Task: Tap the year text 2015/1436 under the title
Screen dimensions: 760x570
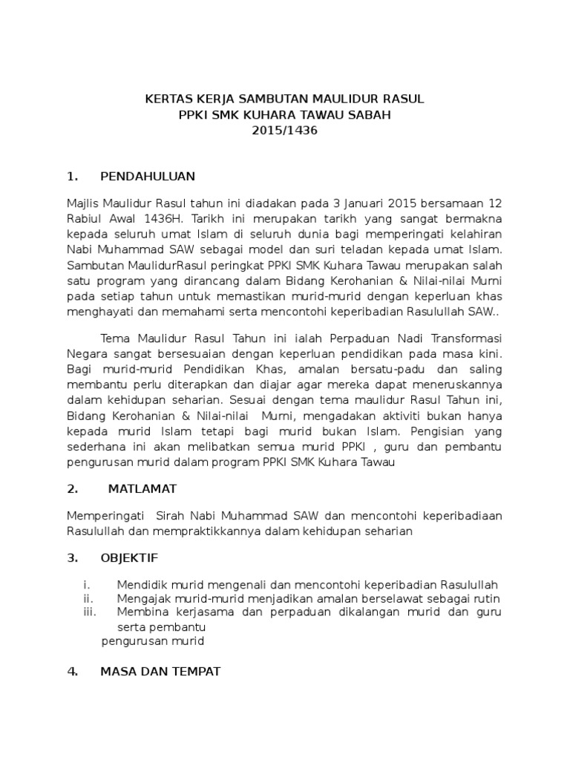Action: [285, 131]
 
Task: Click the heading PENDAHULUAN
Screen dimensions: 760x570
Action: [147, 176]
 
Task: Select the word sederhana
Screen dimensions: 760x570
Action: [98, 430]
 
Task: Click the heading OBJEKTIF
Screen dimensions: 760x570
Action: [128, 557]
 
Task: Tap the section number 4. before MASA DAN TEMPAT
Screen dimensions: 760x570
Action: [72, 672]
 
